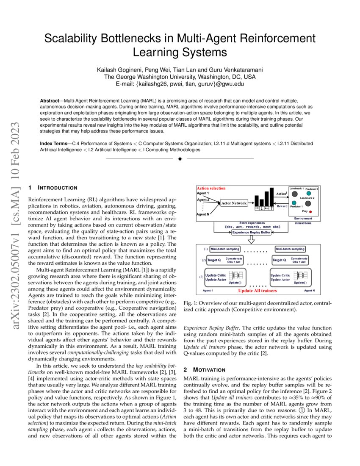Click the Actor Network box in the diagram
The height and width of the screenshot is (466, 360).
click(x=234, y=203)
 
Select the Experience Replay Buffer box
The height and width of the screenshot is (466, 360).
click(x=251, y=232)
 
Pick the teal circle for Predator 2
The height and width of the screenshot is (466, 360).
click(x=309, y=193)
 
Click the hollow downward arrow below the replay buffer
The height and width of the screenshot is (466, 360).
click(x=251, y=240)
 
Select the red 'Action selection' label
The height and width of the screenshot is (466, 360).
click(x=211, y=188)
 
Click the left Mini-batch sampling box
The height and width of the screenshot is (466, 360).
click(x=225, y=249)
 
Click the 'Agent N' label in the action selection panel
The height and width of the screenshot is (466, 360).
click(x=203, y=214)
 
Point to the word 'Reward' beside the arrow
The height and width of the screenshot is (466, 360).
click(x=282, y=206)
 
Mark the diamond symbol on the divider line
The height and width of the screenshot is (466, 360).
click(x=180, y=159)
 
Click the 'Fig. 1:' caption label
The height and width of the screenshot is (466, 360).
click(x=191, y=304)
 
